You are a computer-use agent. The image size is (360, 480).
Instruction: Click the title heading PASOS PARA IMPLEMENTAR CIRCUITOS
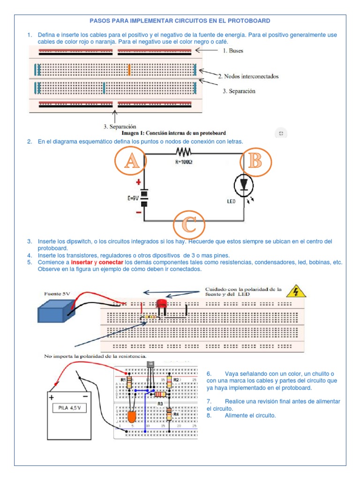180,21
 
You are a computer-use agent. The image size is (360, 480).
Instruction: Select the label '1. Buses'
233,50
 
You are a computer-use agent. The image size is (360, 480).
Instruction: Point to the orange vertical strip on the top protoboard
129,70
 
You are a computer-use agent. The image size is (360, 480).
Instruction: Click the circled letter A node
131,162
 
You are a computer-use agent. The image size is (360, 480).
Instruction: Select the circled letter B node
255,161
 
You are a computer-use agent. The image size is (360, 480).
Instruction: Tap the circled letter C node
189,225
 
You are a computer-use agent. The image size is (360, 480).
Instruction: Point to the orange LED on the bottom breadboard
132,416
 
